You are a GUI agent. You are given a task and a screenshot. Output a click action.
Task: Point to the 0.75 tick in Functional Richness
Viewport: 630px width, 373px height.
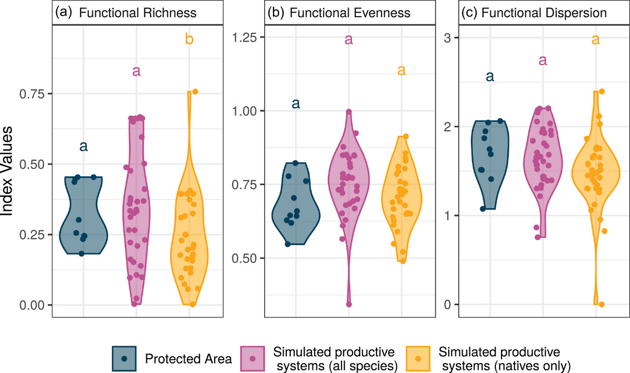pyautogui.click(x=33, y=93)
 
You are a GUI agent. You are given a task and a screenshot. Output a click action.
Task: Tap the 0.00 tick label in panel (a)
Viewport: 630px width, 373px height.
pyautogui.click(x=33, y=305)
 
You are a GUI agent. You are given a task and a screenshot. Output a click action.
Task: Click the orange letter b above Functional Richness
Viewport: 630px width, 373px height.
pyautogui.click(x=189, y=39)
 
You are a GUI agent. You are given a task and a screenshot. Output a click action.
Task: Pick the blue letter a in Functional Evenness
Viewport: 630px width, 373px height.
pyautogui.click(x=296, y=103)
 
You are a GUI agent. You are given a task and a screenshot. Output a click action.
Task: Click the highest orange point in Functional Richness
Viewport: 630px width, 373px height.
pyautogui.click(x=195, y=92)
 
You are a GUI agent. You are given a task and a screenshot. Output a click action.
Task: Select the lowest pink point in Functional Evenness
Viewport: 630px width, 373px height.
pyautogui.click(x=349, y=304)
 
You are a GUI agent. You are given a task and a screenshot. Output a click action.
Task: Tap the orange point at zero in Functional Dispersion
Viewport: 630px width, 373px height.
pyautogui.click(x=602, y=304)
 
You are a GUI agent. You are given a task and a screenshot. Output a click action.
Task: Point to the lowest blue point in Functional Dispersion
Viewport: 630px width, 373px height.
pyautogui.click(x=483, y=208)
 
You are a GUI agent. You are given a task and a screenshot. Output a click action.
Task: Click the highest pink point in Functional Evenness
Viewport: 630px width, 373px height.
pyautogui.click(x=349, y=112)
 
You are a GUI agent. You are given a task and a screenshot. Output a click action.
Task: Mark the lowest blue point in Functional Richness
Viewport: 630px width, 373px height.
pyautogui.click(x=81, y=253)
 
